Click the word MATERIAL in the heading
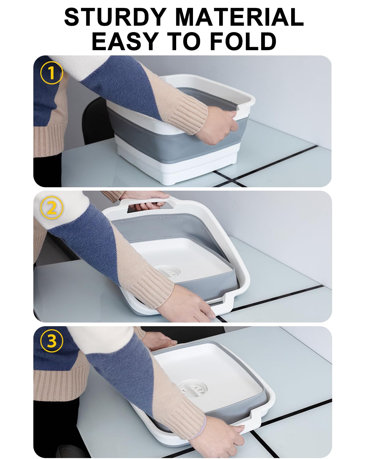[239, 17]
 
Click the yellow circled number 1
[51, 73]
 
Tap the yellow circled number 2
[52, 208]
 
